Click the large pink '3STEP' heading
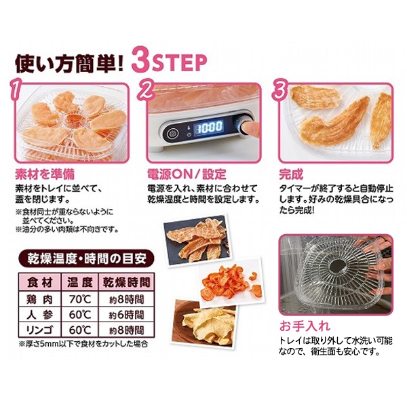click(x=169, y=62)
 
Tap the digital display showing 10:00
click(x=209, y=128)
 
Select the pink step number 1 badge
click(x=16, y=90)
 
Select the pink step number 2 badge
click(x=146, y=90)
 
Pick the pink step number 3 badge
click(x=279, y=89)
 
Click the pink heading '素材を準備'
click(x=45, y=174)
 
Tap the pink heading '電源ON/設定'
click(x=187, y=174)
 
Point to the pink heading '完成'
click(x=291, y=174)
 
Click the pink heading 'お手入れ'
click(x=305, y=326)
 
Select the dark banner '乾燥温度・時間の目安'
click(x=86, y=258)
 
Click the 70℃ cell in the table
click(x=80, y=300)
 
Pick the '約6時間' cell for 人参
click(x=126, y=315)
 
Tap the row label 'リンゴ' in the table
click(x=40, y=330)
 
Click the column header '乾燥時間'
click(x=126, y=282)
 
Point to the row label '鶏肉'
click(x=40, y=300)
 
